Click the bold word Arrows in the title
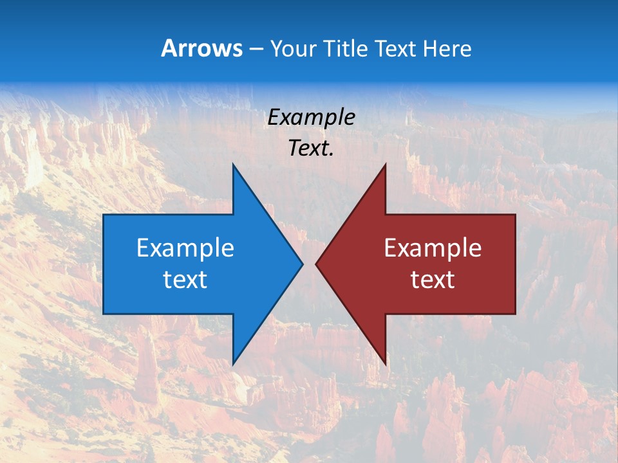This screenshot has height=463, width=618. click(x=202, y=48)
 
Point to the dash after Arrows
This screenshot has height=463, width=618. click(x=256, y=49)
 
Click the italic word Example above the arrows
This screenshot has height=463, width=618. click(x=311, y=117)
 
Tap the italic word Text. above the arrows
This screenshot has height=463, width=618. click(x=311, y=148)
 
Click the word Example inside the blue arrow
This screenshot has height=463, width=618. click(x=185, y=248)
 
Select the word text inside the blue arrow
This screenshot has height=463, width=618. click(x=185, y=279)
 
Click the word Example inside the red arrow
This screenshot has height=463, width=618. click(x=433, y=248)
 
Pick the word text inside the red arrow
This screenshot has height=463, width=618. click(x=433, y=279)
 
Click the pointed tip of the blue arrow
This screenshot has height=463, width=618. click(x=303, y=264)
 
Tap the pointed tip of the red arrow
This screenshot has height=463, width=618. click(x=315, y=264)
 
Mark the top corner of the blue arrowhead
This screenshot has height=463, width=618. click(x=233, y=165)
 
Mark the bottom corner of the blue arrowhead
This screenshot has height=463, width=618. click(x=233, y=364)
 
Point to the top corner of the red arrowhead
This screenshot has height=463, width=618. click(x=385, y=165)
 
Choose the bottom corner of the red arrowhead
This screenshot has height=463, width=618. click(x=385, y=364)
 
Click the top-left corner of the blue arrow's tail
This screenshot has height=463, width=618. click(x=104, y=215)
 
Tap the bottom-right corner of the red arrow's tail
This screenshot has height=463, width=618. click(x=515, y=313)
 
